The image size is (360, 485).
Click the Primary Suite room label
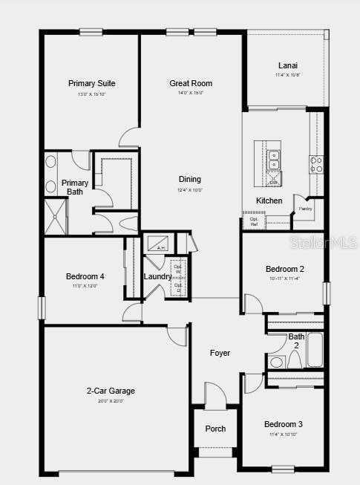[91, 83]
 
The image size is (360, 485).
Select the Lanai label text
[288, 65]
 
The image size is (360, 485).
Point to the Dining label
[189, 179]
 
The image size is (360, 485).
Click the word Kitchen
[269, 201]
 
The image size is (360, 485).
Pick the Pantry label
[306, 209]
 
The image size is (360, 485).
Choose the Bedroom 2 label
[285, 269]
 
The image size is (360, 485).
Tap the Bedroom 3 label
[284, 424]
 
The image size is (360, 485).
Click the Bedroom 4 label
[85, 276]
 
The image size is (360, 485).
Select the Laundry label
[157, 276]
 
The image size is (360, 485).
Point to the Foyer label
[220, 353]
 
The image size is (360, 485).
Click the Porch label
[216, 429]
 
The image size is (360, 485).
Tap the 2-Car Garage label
[111, 391]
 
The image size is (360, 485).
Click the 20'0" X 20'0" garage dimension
[111, 401]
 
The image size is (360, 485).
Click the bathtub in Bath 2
[315, 350]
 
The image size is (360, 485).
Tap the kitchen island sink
[274, 160]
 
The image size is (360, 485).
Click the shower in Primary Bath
[56, 216]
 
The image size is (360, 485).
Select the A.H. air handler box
[160, 244]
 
